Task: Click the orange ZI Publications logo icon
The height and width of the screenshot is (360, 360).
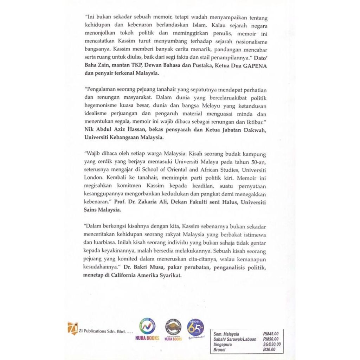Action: pyautogui.click(x=72, y=328)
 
